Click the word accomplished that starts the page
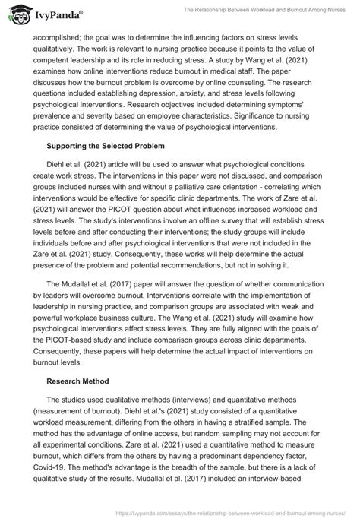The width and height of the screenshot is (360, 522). (54, 44)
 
